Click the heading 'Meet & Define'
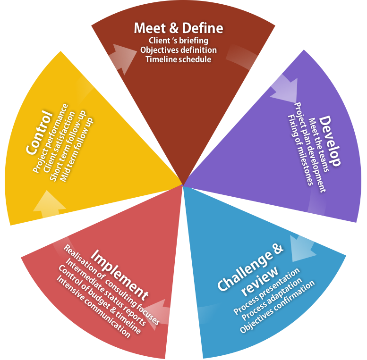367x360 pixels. [x=178, y=28]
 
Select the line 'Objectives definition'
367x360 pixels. [x=178, y=50]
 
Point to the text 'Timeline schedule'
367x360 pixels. [x=178, y=59]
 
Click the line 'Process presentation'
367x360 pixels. [x=266, y=291]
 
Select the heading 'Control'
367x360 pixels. [x=39, y=132]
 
